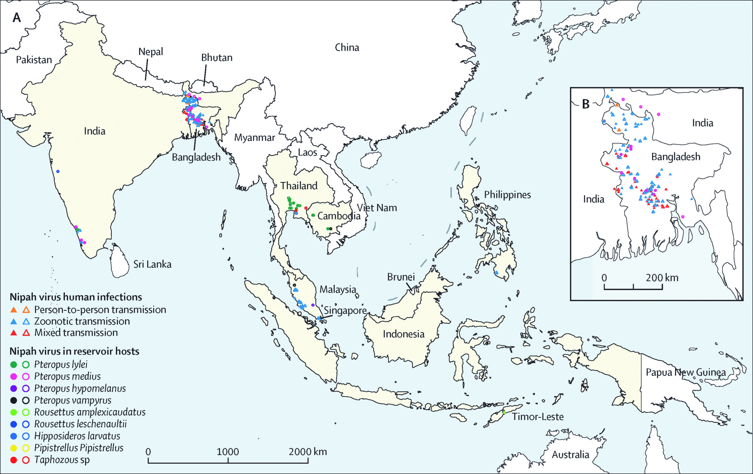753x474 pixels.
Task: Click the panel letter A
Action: (16, 18)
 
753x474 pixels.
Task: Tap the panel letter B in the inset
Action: (586, 104)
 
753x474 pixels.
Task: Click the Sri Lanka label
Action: (152, 265)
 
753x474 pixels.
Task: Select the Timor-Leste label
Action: (538, 417)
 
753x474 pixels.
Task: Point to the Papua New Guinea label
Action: (686, 372)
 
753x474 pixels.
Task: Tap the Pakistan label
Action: (34, 60)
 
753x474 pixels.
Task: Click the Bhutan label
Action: (217, 58)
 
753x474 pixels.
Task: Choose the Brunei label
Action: (401, 277)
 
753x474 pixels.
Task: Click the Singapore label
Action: (345, 311)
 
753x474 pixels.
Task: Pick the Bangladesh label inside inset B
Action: (675, 157)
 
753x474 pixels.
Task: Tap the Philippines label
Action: (507, 195)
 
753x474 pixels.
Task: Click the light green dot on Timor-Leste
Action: (504, 413)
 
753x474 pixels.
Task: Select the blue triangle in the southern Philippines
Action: (496, 273)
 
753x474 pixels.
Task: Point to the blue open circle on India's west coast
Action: (58, 171)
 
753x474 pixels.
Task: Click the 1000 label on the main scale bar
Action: (228, 452)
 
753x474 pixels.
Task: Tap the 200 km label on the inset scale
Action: (662, 278)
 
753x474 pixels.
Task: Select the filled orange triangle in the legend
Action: (14, 310)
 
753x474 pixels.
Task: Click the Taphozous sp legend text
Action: (62, 460)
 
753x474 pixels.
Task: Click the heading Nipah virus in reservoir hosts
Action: (74, 351)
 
